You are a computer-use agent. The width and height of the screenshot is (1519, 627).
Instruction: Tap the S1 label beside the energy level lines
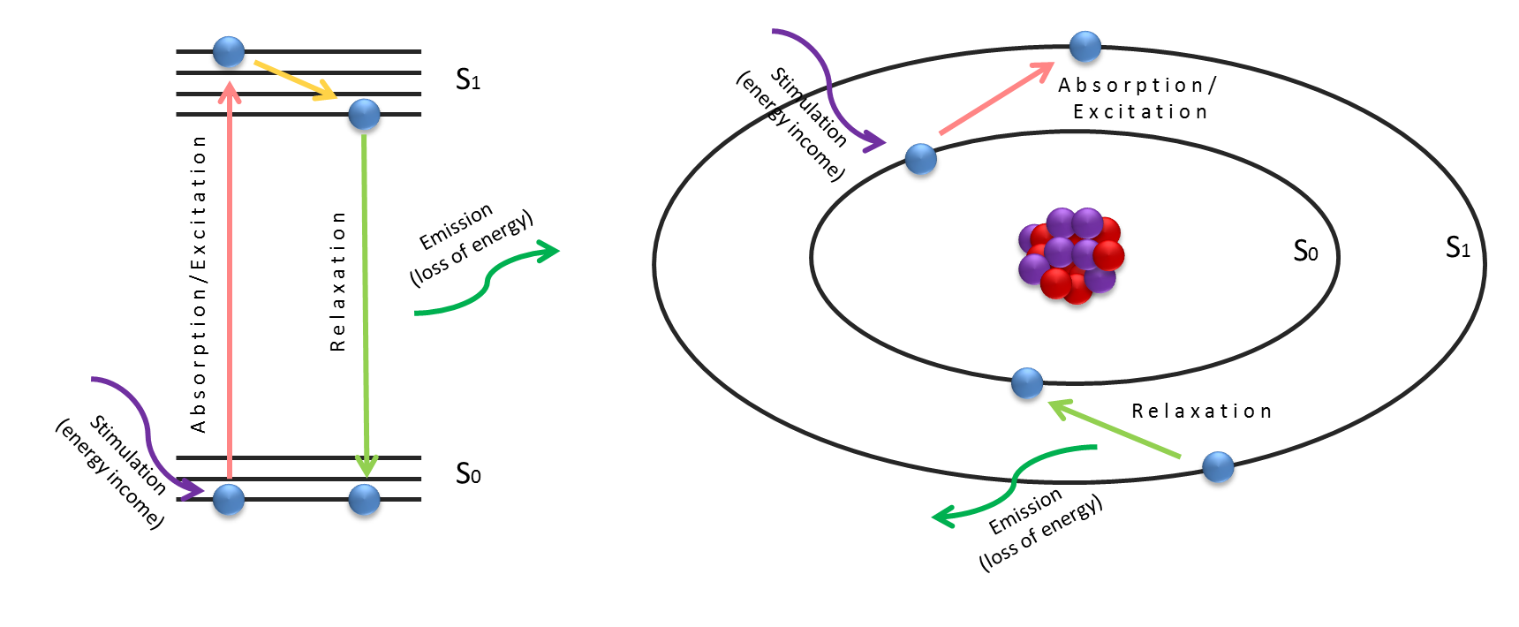[x=468, y=79]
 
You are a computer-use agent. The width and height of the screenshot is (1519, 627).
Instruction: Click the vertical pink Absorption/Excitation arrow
[x=230, y=283]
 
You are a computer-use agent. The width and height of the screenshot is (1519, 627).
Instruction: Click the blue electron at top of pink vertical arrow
[x=229, y=52]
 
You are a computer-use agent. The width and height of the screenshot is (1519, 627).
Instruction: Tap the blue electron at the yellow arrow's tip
[x=364, y=114]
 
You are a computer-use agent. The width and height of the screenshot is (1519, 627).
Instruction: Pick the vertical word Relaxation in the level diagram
[x=337, y=281]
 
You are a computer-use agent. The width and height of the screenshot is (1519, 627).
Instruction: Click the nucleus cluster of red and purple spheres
[x=1071, y=255]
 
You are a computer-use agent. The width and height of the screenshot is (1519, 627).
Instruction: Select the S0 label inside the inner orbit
[x=1305, y=251]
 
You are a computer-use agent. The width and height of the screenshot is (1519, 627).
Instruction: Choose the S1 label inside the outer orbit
[x=1458, y=247]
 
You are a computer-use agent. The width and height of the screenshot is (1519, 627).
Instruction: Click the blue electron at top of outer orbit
[x=1084, y=46]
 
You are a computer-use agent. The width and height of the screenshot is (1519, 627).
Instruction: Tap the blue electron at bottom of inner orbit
[x=1026, y=382]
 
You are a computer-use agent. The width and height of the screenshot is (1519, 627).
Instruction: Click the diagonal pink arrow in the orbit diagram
[x=995, y=99]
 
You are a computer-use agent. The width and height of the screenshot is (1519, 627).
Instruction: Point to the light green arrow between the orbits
[x=1115, y=429]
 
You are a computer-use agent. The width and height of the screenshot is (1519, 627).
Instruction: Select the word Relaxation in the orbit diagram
[x=1201, y=412]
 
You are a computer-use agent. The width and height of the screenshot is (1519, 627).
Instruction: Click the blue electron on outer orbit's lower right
[x=1218, y=466]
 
